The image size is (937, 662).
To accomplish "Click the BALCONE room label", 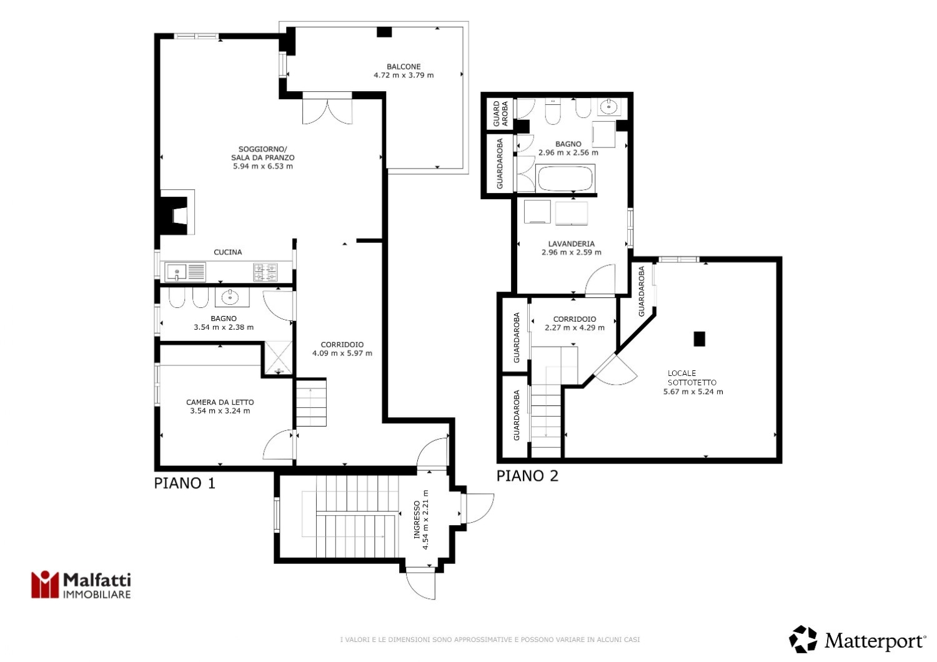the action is coord(404,66).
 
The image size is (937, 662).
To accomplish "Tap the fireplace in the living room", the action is coord(177,212).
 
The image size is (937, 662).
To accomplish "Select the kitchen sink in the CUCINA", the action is coord(185,272).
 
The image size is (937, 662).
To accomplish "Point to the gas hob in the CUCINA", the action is coord(265,272).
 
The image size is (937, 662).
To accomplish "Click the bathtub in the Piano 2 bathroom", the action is coord(565,179).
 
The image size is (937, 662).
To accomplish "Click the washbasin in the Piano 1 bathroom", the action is coord(232,297).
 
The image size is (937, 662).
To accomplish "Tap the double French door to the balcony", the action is coord(327,108).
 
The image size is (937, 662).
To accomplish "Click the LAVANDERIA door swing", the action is coord(600,280).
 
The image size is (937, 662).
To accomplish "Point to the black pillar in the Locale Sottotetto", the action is coord(699,338).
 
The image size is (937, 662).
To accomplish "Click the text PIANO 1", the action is coord(184,483).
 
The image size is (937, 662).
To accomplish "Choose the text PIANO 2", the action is coord(527,475).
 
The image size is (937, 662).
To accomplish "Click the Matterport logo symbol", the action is coord(803,639).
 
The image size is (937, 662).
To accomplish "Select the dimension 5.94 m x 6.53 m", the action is coord(263,166).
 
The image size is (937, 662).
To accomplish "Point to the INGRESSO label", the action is coord(417,520).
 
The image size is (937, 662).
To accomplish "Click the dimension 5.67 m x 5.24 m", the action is coord(693,392).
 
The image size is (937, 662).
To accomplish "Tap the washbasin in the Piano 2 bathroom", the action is coord(608,107).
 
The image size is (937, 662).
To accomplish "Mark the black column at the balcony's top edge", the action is coord(384,32).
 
